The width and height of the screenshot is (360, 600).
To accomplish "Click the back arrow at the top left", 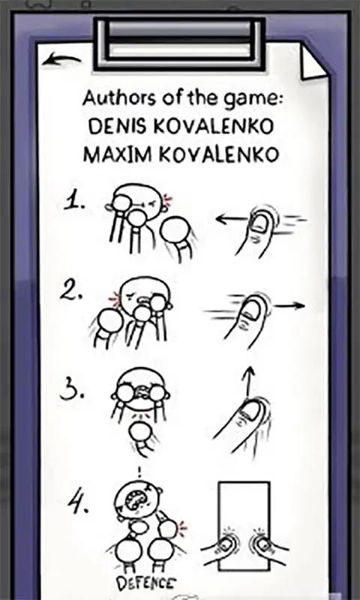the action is click(x=61, y=60).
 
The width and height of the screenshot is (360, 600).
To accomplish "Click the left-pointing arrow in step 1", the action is click(x=232, y=219).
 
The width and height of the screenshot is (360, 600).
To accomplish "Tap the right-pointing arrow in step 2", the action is click(x=290, y=305).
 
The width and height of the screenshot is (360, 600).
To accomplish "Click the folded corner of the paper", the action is click(x=313, y=61).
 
